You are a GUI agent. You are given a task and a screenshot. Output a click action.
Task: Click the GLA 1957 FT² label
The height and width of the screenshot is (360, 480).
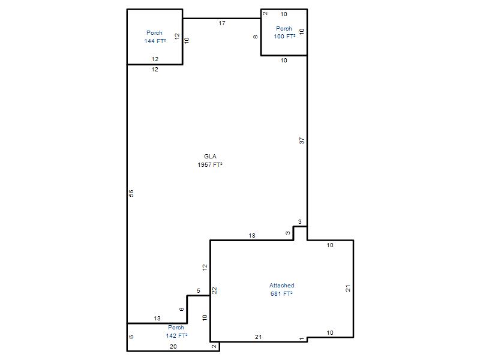point(210,160)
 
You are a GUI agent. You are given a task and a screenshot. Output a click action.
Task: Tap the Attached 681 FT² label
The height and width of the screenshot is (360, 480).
point(281,289)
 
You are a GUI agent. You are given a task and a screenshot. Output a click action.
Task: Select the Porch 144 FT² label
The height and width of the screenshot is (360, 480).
point(155,37)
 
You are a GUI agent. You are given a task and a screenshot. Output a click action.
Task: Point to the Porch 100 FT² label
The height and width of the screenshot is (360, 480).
point(284,32)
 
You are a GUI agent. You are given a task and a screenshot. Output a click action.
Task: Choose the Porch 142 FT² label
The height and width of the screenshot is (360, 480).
point(176,332)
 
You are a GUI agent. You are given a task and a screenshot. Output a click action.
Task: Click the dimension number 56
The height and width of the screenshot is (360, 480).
point(131,193)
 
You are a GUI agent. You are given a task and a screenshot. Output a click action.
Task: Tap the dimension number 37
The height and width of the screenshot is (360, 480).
point(302,140)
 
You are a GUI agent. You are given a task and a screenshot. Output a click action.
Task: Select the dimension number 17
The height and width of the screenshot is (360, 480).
point(222,23)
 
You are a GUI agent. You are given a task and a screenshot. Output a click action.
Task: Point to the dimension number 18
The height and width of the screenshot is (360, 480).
point(252,235)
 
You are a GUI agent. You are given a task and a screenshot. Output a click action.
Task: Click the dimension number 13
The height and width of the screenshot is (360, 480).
point(157,319)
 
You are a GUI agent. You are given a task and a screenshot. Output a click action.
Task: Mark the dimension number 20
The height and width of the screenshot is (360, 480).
point(173,347)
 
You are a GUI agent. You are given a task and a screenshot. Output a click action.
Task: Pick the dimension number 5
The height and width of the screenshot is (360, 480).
point(199,290)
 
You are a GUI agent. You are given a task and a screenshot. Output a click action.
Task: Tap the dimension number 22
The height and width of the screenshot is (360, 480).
point(215,290)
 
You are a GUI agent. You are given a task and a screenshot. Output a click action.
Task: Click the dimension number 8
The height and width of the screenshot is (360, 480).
point(256,37)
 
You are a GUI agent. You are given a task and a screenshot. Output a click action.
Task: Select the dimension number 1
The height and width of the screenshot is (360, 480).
point(302,339)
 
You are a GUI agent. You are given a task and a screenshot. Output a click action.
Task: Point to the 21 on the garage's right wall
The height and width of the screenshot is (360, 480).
point(348,288)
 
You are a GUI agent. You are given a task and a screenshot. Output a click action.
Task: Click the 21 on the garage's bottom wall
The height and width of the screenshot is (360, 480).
point(259,337)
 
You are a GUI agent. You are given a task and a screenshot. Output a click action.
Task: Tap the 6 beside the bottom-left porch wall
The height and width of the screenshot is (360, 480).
point(131,337)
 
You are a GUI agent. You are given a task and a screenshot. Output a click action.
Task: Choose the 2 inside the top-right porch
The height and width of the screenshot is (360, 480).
point(265,13)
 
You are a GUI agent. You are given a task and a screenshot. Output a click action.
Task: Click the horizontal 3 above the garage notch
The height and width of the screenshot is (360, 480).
point(299,221)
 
